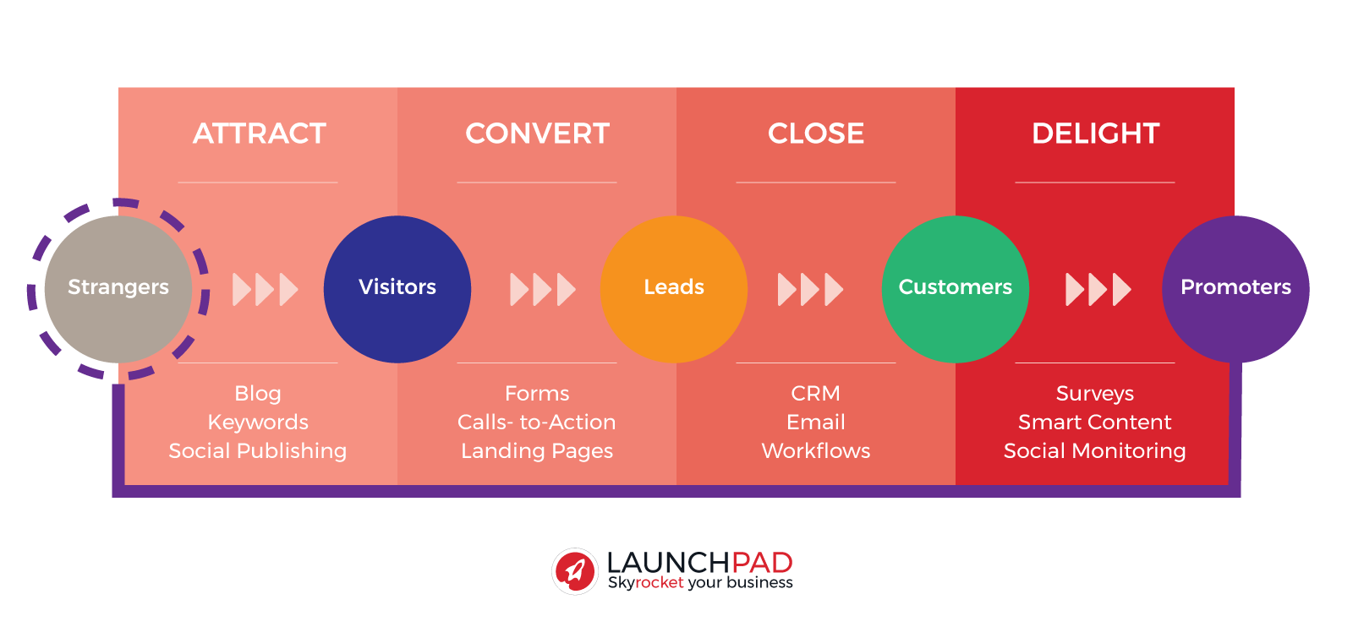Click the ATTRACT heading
pyautogui.click(x=259, y=134)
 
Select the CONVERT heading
pyautogui.click(x=537, y=134)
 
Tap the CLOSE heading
pyautogui.click(x=815, y=134)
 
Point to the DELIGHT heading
pyautogui.click(x=1095, y=134)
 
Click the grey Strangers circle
pyautogui.click(x=118, y=289)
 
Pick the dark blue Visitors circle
pyautogui.click(x=397, y=289)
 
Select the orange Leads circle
pyautogui.click(x=674, y=289)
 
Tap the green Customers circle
pyautogui.click(x=956, y=289)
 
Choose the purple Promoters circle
pyautogui.click(x=1235, y=289)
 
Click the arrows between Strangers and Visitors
pyautogui.click(x=266, y=289)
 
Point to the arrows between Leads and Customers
pyautogui.click(x=811, y=289)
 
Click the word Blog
pyautogui.click(x=258, y=394)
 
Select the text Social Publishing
pyautogui.click(x=258, y=451)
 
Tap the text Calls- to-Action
pyautogui.click(x=537, y=422)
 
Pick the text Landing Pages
pyautogui.click(x=537, y=451)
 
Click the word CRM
pyautogui.click(x=815, y=394)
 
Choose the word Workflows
pyautogui.click(x=815, y=451)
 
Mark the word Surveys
pyautogui.click(x=1095, y=394)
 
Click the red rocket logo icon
pyautogui.click(x=575, y=571)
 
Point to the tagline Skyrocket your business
pyautogui.click(x=700, y=582)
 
